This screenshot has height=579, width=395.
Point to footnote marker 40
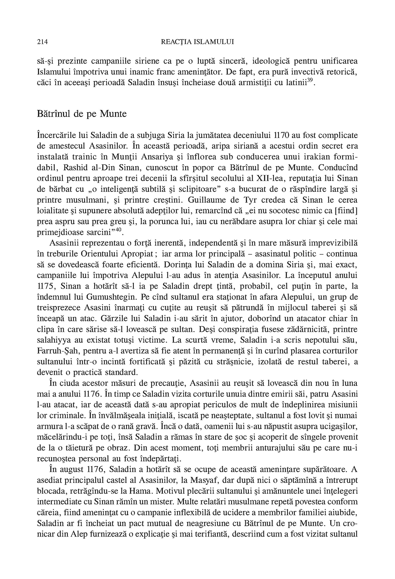[118, 230]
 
